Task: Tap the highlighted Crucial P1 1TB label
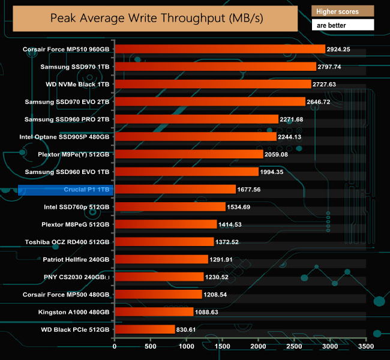[86, 190]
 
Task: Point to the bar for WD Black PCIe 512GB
[143, 329]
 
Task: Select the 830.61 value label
[188, 329]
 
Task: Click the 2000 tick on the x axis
[258, 346]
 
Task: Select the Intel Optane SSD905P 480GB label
[67, 137]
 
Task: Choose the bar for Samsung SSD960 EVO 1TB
[186, 172]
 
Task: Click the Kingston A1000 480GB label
[72, 312]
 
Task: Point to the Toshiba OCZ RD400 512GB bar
[164, 242]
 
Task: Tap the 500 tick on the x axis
[151, 346]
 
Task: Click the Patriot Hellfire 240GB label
[76, 260]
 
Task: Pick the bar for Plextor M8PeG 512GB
[165, 224]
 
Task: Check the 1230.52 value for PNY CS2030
[220, 277]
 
